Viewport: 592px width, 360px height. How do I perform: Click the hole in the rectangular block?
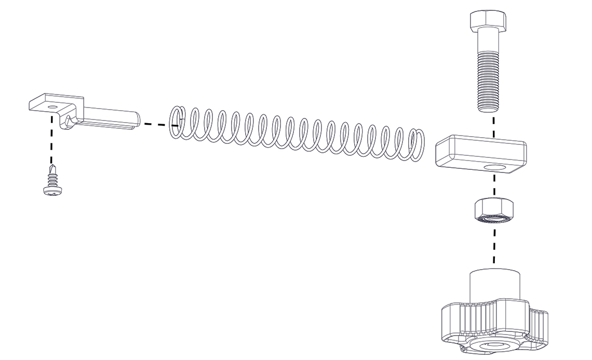(494, 168)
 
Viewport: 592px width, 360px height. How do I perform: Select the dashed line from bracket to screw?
(51, 138)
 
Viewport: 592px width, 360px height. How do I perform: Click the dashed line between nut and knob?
(493, 244)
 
